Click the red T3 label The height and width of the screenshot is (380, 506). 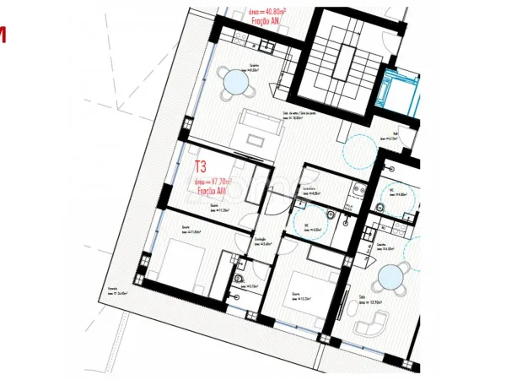coord(201,166)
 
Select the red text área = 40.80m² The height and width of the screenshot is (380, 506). coord(268,14)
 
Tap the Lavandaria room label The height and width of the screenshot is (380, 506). coord(310,191)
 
